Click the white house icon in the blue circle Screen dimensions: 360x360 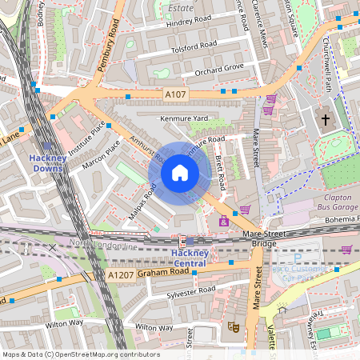(x=180, y=172)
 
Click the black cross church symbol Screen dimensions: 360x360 (x=325, y=121)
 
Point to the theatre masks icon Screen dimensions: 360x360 (x=234, y=326)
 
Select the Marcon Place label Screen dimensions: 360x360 (x=101, y=156)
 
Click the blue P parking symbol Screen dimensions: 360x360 (x=298, y=259)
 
